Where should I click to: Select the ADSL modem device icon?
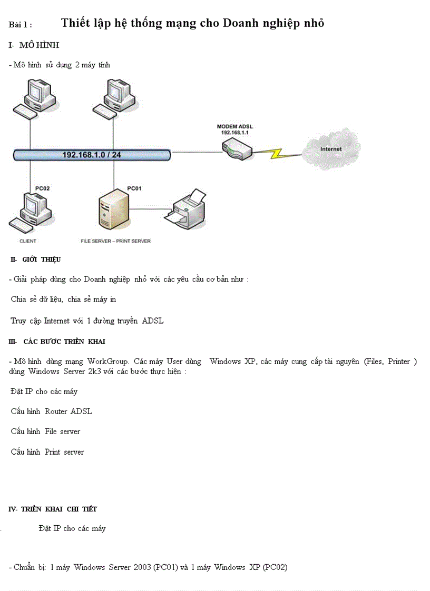click(x=237, y=151)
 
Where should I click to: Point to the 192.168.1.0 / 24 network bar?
click(x=92, y=155)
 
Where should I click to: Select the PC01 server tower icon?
click(x=113, y=211)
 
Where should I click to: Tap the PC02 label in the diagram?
click(x=43, y=188)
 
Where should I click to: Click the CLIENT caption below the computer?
click(x=28, y=241)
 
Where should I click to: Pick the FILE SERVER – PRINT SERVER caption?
click(x=115, y=241)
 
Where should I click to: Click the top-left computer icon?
click(x=34, y=97)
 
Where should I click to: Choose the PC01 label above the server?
click(x=134, y=188)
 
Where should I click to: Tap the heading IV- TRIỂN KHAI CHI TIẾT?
click(x=53, y=509)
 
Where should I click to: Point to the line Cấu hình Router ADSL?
click(x=52, y=411)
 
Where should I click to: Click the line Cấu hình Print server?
click(x=47, y=452)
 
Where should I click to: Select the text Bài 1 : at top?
click(x=21, y=24)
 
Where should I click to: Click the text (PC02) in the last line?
click(x=275, y=567)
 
